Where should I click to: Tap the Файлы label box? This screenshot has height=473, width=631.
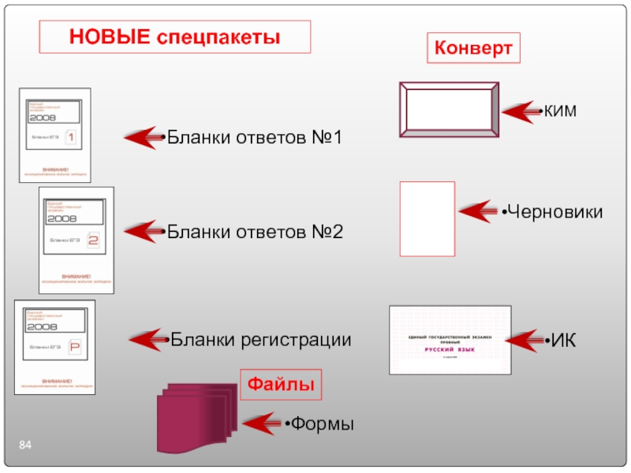pyautogui.click(x=281, y=385)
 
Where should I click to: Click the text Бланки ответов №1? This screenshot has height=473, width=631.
pyautogui.click(x=255, y=138)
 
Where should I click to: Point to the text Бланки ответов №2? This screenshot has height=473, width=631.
pyautogui.click(x=255, y=233)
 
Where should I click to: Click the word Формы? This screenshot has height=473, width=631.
pyautogui.click(x=321, y=424)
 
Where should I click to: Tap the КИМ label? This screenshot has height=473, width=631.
pyautogui.click(x=559, y=112)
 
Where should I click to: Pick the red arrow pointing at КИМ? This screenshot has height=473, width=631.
pyautogui.click(x=521, y=112)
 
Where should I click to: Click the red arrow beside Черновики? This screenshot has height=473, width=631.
pyautogui.click(x=479, y=212)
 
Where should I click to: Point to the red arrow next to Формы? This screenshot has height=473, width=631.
pyautogui.click(x=263, y=424)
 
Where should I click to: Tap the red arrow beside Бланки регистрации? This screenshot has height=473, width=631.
pyautogui.click(x=148, y=340)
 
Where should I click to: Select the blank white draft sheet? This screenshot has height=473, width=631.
pyautogui.click(x=428, y=219)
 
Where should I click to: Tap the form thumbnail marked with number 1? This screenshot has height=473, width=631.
pyautogui.click(x=54, y=135)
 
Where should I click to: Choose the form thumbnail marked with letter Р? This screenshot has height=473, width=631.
pyautogui.click(x=55, y=347)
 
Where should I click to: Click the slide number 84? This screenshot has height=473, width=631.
pyautogui.click(x=26, y=448)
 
